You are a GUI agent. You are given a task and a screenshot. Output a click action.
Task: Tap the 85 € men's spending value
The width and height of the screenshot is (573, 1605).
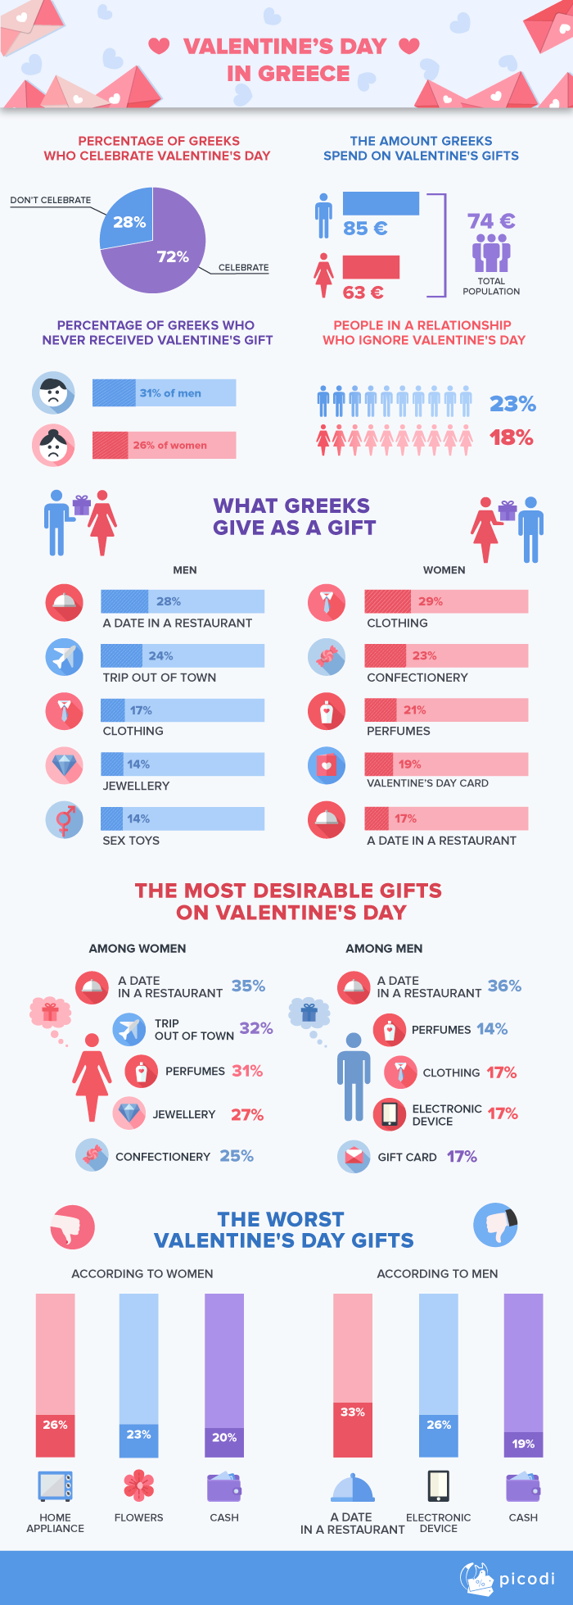(x=365, y=229)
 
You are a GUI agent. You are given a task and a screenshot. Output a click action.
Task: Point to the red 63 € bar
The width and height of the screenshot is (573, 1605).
(x=371, y=267)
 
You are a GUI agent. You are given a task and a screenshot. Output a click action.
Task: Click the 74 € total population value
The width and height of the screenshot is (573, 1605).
(x=491, y=221)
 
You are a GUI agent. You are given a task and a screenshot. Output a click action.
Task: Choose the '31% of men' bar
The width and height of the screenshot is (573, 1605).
(x=164, y=393)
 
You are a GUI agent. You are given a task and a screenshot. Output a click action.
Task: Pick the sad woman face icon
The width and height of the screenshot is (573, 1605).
(x=53, y=445)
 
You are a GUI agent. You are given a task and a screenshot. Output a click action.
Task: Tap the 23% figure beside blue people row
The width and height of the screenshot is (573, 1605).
(x=512, y=404)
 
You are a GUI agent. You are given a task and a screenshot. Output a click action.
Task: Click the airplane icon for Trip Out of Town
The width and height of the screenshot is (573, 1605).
(x=64, y=657)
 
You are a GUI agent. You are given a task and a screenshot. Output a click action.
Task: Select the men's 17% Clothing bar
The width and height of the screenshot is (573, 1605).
(x=182, y=710)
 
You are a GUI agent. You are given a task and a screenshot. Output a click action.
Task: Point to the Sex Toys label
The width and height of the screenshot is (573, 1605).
(x=131, y=841)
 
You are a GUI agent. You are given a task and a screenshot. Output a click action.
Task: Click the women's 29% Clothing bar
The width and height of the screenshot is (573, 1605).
(x=446, y=601)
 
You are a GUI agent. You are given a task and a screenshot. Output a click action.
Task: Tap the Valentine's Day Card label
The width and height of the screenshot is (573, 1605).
(x=427, y=783)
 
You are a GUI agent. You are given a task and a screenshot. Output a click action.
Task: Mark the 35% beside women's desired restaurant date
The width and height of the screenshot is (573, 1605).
(x=248, y=986)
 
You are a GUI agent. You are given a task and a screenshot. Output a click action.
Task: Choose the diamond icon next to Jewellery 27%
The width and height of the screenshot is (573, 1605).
(x=129, y=1113)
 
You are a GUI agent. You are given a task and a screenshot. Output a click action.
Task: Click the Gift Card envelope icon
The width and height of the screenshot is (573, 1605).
(x=354, y=1157)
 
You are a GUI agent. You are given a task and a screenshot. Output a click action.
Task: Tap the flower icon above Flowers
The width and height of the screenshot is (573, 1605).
(x=139, y=1485)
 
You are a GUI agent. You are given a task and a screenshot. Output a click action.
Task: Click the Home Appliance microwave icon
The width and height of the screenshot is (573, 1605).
(x=55, y=1486)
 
